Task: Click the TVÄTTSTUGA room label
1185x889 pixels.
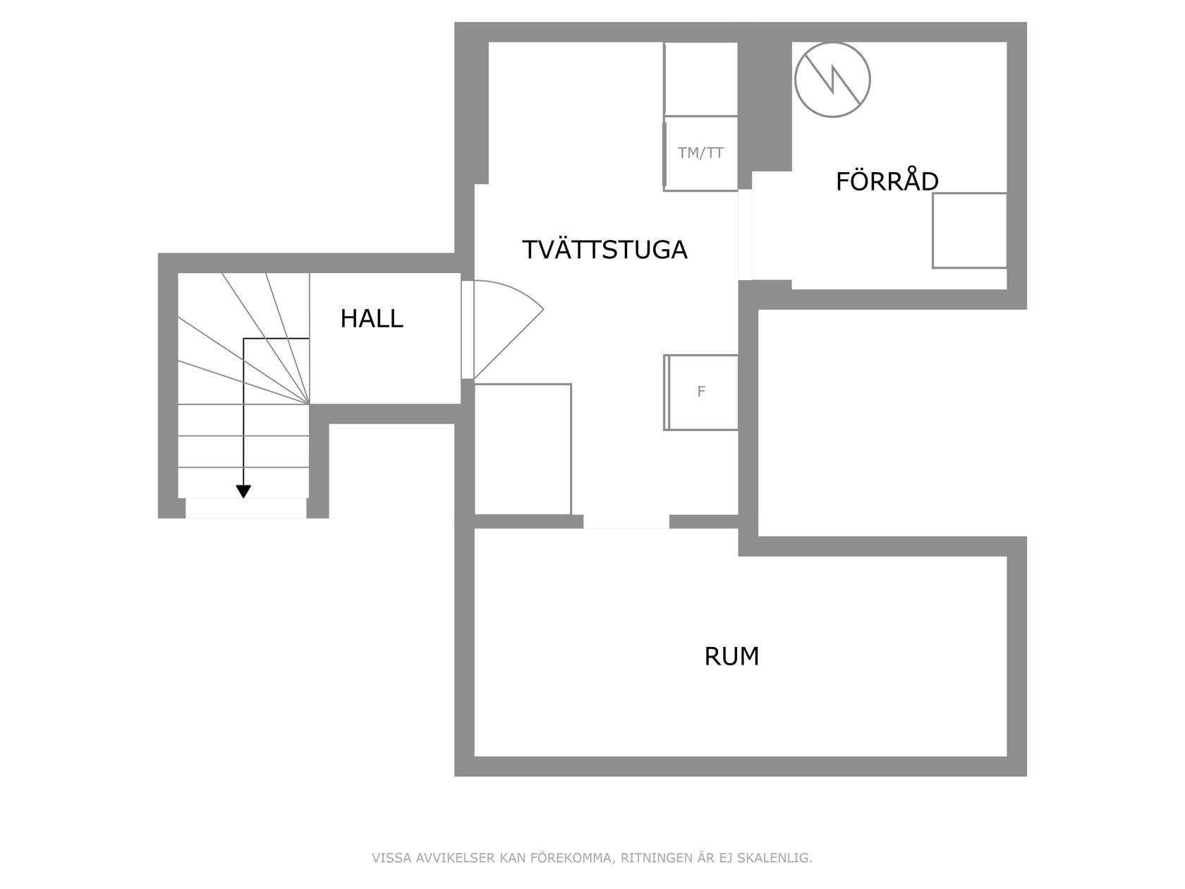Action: tap(604, 249)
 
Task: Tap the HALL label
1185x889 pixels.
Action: tap(372, 318)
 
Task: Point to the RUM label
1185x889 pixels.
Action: tap(731, 656)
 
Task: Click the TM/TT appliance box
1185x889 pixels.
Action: tap(700, 153)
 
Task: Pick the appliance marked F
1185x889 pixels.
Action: tap(700, 392)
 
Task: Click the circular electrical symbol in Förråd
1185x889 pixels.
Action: tap(832, 80)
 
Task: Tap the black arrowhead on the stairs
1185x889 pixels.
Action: tap(243, 491)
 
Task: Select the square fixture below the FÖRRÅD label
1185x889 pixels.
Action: tap(970, 231)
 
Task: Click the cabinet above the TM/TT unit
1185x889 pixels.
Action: tap(700, 79)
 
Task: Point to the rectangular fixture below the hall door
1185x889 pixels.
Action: tap(523, 449)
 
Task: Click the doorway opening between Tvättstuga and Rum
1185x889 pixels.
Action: tap(626, 521)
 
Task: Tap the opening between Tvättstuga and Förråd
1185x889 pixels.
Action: tap(745, 235)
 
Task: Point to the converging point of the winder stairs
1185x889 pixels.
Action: tap(310, 404)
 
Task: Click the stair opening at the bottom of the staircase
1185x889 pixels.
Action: tap(246, 509)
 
